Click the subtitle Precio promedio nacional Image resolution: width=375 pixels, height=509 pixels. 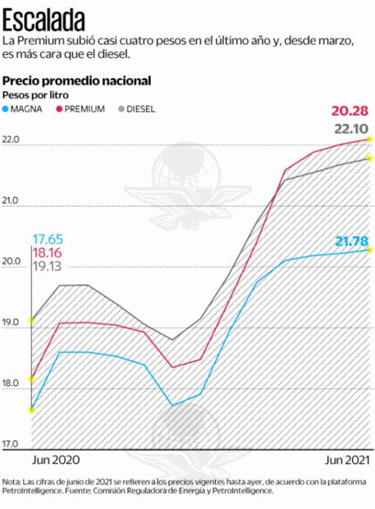click(x=76, y=80)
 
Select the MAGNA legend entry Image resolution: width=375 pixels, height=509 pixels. click(x=27, y=109)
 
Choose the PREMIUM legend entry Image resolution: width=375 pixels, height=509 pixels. click(x=83, y=109)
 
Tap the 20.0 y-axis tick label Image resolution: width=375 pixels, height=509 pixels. click(x=12, y=263)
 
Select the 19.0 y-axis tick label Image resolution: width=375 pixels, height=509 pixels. click(x=12, y=323)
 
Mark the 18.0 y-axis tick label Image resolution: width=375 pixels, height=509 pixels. click(x=12, y=383)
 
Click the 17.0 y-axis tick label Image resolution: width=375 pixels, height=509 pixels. click(x=12, y=444)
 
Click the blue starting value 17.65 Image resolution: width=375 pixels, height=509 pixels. click(x=48, y=239)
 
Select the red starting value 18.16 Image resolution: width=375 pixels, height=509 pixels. click(x=48, y=253)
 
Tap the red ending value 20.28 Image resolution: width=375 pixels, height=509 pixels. click(x=350, y=112)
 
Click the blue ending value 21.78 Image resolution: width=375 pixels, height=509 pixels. click(x=350, y=241)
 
